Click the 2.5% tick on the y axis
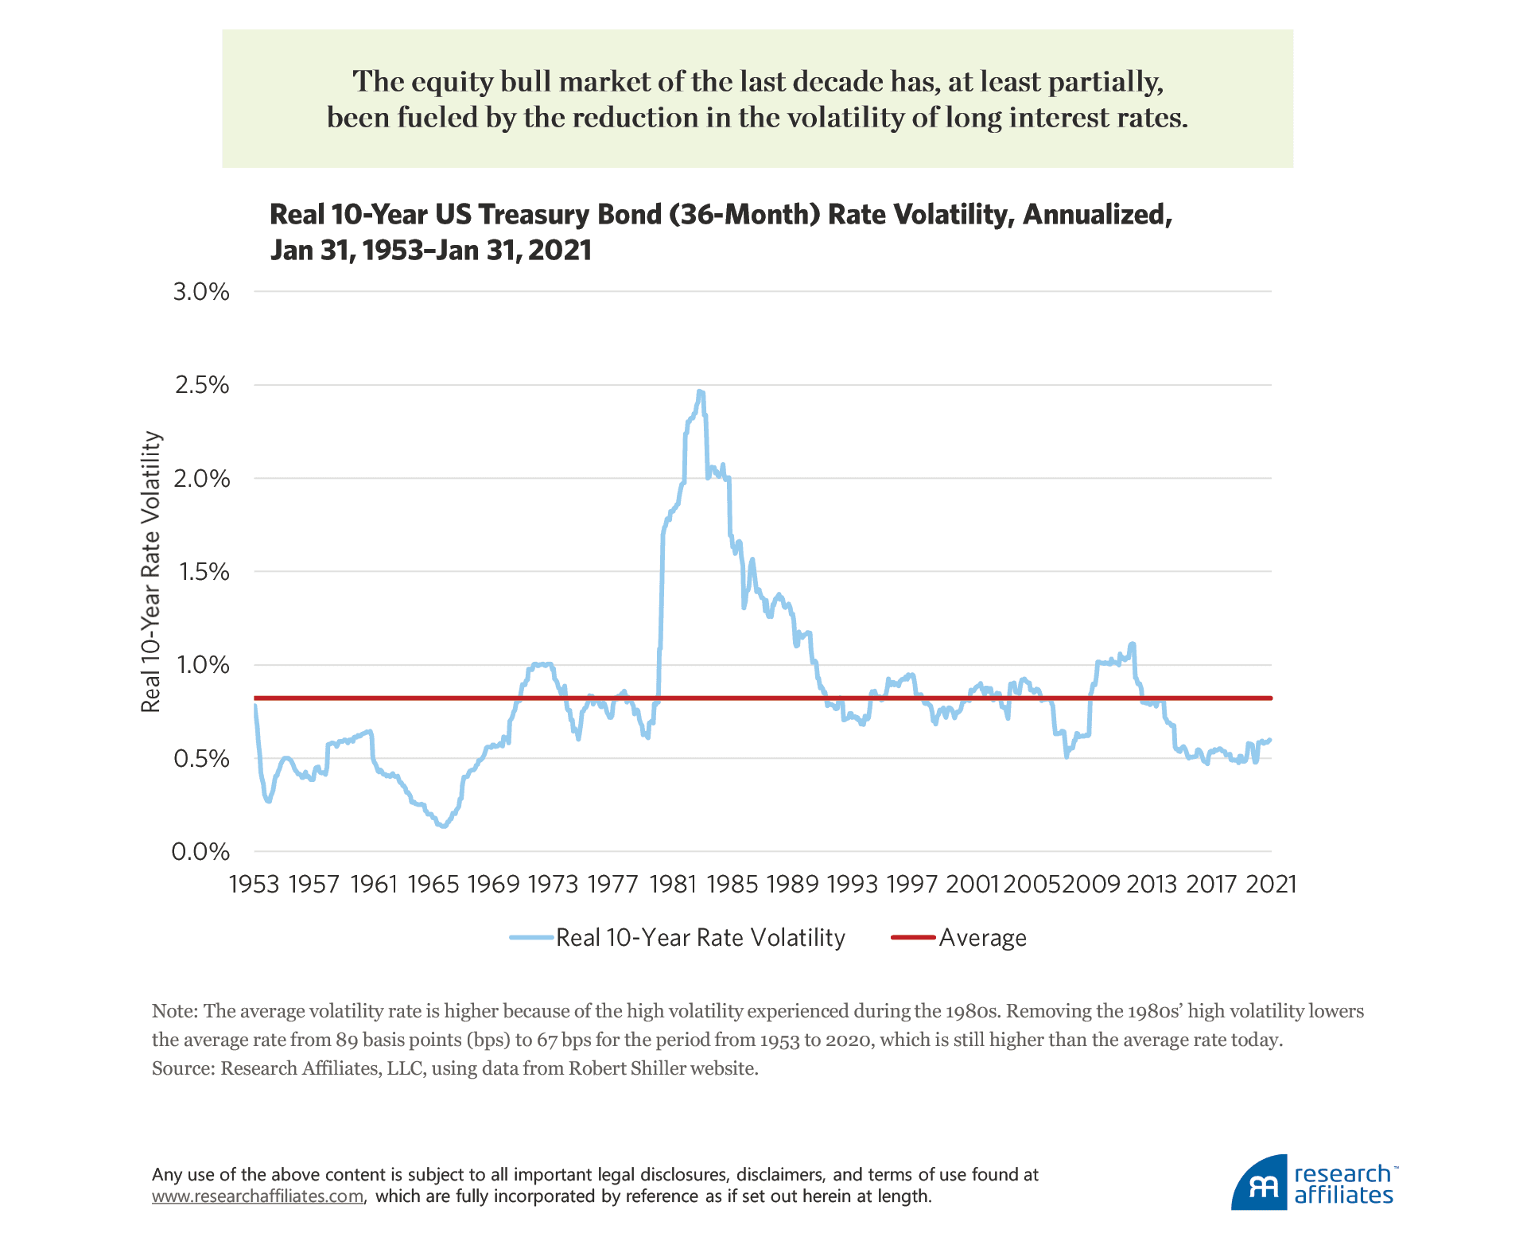pyautogui.click(x=201, y=385)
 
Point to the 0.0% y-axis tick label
pyautogui.click(x=201, y=852)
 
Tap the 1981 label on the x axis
pyautogui.click(x=673, y=884)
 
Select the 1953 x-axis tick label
pyautogui.click(x=254, y=884)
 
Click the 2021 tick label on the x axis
pyautogui.click(x=1271, y=884)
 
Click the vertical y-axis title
pyautogui.click(x=150, y=572)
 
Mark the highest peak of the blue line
pyautogui.click(x=700, y=391)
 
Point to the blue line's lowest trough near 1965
pyautogui.click(x=443, y=827)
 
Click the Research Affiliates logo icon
pyautogui.click(x=1260, y=1184)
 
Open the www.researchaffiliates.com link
pyautogui.click(x=258, y=1196)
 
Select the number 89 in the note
pyautogui.click(x=347, y=1040)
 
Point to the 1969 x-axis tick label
pyautogui.click(x=493, y=884)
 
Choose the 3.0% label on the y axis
pyautogui.click(x=201, y=292)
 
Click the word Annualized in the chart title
pyautogui.click(x=1097, y=215)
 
